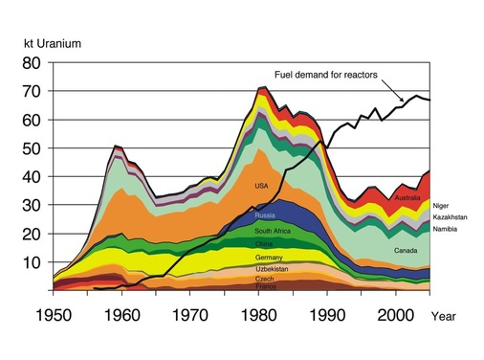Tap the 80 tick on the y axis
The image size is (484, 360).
[x=32, y=63]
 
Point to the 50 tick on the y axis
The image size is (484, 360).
[x=32, y=148]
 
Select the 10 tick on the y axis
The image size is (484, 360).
[x=32, y=262]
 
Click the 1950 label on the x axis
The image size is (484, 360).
[x=39, y=314]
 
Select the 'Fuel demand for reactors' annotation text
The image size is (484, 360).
[x=326, y=73]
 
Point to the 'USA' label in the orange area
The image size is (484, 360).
[x=261, y=185]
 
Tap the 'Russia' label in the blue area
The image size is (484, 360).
[x=265, y=216]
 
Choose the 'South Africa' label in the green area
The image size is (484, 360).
[x=274, y=231]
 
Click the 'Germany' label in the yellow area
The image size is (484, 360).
[x=268, y=258]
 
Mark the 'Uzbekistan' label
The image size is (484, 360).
[x=271, y=268]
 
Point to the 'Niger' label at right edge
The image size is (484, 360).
[x=440, y=206]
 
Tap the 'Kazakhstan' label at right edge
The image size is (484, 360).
[x=449, y=218]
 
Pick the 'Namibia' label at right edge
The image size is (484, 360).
[x=445, y=231]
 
